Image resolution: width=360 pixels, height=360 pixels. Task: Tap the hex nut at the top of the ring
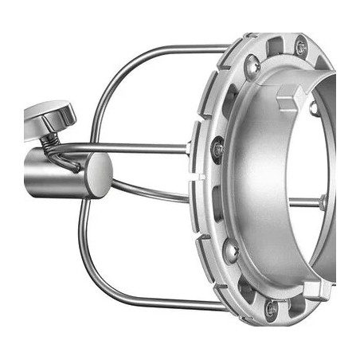pos(300,46)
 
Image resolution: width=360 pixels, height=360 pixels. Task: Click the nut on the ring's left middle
pos(217,149)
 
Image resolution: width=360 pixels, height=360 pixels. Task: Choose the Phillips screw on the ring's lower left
pos(230,251)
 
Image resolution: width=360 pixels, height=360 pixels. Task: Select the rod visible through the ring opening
pos(303,202)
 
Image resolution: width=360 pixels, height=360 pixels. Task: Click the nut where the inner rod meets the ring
pos(323,202)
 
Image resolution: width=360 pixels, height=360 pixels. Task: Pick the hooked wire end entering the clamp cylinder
pos(72,163)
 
